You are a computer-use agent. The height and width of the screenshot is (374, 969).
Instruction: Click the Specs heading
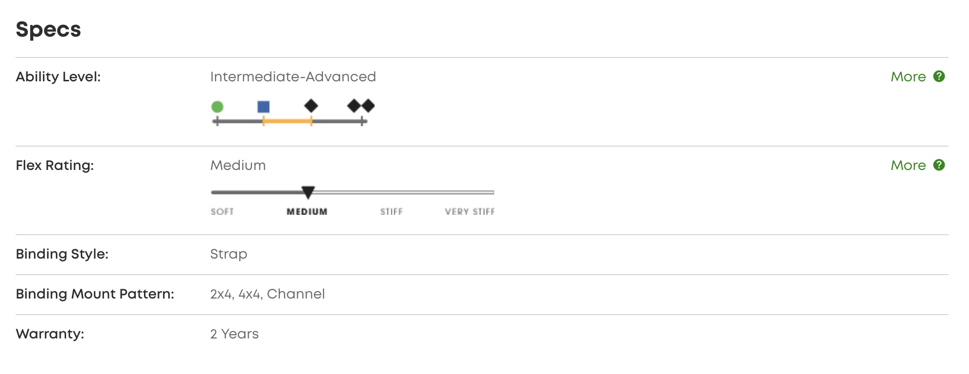tap(48, 30)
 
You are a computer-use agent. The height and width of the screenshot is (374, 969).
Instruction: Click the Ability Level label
tap(58, 77)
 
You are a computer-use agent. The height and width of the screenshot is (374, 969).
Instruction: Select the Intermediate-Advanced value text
tap(293, 77)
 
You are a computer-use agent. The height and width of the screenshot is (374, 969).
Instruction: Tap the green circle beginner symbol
tap(217, 107)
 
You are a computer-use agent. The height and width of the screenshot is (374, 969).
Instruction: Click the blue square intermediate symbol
tap(264, 107)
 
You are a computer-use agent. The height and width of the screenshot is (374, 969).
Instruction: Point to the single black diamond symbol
tap(311, 106)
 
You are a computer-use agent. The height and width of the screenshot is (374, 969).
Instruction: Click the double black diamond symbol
tap(361, 106)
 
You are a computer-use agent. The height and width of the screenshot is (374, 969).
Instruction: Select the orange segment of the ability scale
tap(287, 121)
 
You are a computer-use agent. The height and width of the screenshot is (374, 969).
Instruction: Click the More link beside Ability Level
tap(908, 77)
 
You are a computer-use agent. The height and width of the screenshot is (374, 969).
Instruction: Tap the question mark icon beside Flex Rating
tap(939, 165)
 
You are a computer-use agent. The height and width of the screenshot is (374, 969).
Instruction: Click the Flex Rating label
tap(54, 166)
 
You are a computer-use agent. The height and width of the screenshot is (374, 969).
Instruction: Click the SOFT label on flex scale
tap(222, 212)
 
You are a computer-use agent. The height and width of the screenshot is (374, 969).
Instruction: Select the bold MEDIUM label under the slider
tap(307, 212)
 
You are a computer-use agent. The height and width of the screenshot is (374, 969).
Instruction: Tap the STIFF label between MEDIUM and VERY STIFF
tap(392, 212)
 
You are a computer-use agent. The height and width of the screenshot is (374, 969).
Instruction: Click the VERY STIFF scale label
tap(469, 212)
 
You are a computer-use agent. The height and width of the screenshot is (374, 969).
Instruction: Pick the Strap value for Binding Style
tap(229, 254)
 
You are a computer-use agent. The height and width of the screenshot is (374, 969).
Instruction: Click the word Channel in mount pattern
tap(296, 294)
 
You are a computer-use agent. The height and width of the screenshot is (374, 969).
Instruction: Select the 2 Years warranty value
tap(234, 334)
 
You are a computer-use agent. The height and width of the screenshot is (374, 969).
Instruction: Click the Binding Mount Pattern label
tap(95, 294)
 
